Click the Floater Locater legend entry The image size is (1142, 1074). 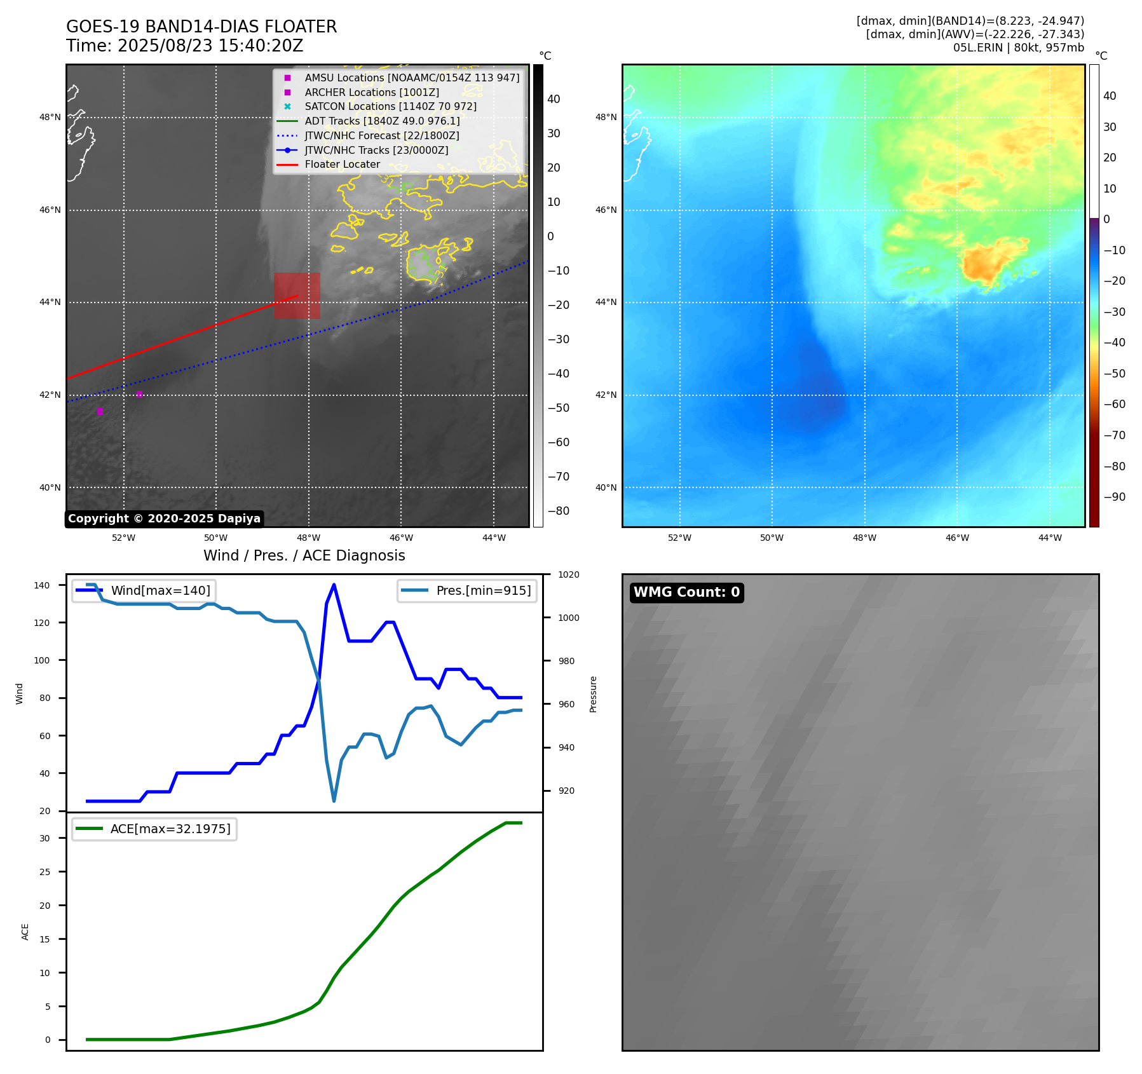tap(342, 165)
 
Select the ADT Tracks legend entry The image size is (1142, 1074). tap(382, 121)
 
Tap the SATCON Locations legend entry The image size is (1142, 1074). tap(390, 107)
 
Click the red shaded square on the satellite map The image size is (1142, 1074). tap(297, 296)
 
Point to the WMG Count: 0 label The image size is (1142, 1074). tap(686, 592)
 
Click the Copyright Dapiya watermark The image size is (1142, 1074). tap(164, 519)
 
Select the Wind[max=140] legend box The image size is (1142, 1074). tap(144, 590)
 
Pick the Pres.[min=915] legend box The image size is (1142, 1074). tap(467, 590)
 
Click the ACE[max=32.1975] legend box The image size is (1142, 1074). tap(154, 829)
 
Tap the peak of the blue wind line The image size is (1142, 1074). tap(334, 585)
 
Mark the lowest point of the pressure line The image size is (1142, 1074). tap(334, 801)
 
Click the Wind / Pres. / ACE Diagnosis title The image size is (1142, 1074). tap(304, 555)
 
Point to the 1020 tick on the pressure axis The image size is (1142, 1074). tap(568, 574)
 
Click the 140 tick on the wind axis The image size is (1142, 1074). tap(42, 585)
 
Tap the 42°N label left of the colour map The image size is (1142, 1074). tap(606, 395)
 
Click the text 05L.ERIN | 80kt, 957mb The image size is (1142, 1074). tap(1018, 48)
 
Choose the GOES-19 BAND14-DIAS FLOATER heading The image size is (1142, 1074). tap(201, 27)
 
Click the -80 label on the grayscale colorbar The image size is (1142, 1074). tap(559, 511)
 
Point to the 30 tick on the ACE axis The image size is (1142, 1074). tap(44, 838)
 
